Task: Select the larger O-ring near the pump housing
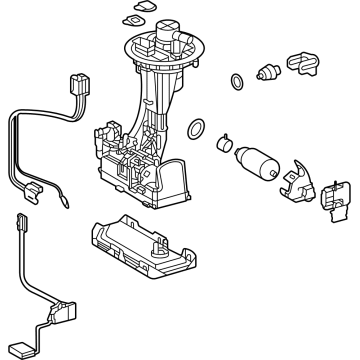point(197,127)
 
